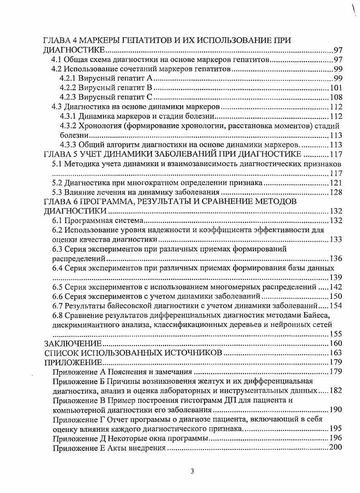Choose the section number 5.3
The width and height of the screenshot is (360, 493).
(x=57, y=193)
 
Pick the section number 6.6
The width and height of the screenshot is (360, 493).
(x=57, y=297)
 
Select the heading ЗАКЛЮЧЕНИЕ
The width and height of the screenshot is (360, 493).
(x=72, y=343)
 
